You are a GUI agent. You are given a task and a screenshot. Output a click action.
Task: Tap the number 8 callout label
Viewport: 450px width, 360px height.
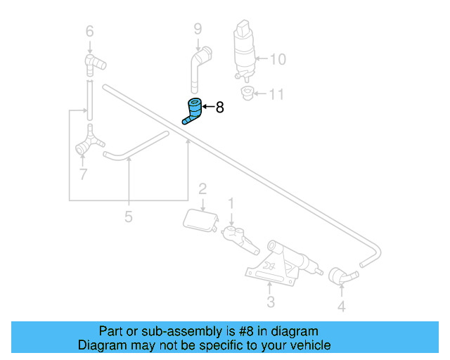click(219, 108)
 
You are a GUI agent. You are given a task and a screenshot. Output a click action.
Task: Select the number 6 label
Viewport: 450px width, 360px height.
click(89, 31)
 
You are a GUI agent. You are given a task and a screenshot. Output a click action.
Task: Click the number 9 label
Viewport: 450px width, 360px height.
click(198, 29)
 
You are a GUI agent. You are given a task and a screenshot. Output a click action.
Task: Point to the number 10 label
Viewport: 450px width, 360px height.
click(278, 60)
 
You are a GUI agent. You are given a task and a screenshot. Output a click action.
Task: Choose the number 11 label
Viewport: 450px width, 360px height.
click(276, 94)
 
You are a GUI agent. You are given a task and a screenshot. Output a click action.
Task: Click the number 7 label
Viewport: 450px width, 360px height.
click(83, 174)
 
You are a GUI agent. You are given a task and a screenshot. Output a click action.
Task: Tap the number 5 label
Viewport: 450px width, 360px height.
click(128, 217)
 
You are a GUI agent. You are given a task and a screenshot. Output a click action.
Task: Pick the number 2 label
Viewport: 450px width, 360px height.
click(202, 188)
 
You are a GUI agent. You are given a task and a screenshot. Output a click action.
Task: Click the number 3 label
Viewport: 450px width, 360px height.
click(270, 303)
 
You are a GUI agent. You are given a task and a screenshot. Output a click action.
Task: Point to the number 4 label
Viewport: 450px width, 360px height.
click(341, 306)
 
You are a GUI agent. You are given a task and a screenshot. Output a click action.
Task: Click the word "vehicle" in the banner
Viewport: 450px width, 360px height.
click(308, 345)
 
